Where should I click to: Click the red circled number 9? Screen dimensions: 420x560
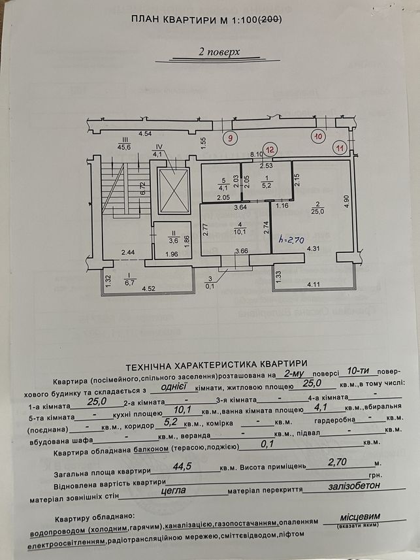[231, 137]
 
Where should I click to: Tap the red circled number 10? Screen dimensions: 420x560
[318, 136]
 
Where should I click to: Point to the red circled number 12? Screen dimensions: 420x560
[270, 149]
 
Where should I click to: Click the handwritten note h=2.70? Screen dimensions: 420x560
[292, 240]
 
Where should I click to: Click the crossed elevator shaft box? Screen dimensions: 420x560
[173, 191]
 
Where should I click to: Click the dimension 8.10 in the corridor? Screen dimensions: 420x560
[257, 154]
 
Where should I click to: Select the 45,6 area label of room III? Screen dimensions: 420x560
[125, 146]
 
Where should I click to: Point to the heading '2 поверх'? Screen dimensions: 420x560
[219, 52]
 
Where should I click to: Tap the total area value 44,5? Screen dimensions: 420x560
[182, 467]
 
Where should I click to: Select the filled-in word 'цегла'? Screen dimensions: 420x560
[173, 491]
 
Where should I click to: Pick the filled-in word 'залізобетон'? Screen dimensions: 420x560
[354, 486]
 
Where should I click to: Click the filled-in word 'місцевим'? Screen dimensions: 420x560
[360, 517]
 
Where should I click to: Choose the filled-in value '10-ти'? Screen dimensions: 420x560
[358, 371]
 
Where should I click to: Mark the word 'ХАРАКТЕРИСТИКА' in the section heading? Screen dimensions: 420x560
[215, 364]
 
